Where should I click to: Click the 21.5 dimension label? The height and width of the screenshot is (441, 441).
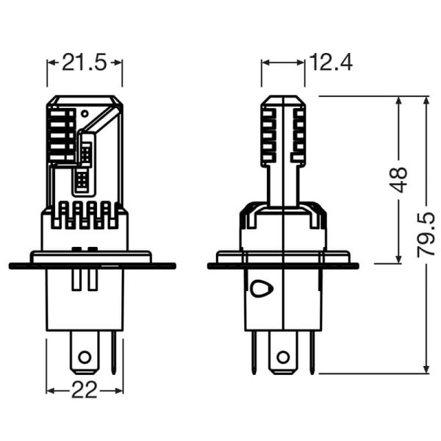point(85,62)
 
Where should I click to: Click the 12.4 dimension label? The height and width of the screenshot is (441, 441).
point(331,62)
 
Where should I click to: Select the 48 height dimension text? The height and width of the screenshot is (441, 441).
point(398,179)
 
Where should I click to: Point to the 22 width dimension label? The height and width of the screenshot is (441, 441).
point(85,390)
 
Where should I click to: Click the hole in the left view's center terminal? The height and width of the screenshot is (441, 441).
point(85,357)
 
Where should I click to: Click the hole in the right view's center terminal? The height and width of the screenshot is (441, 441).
point(282,357)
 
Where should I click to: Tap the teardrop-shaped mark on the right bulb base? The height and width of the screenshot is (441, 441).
point(259,289)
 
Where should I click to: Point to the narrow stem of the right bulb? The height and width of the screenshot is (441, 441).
point(283,184)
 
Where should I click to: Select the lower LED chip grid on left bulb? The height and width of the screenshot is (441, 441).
point(81,179)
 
